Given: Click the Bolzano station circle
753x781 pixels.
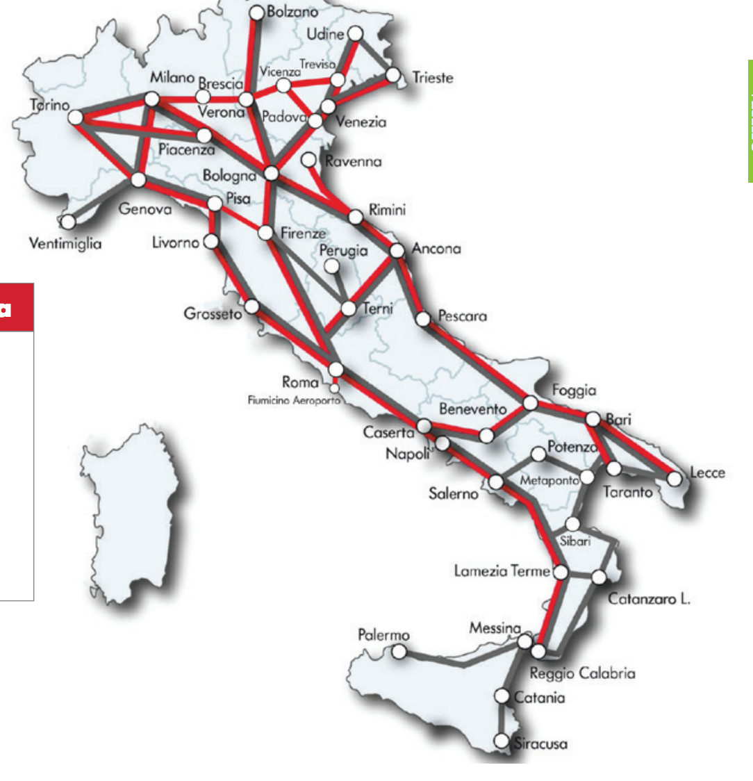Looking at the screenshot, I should (x=256, y=12).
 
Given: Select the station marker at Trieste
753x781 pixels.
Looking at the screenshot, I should (x=393, y=75).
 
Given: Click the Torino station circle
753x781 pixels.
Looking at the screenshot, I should (x=75, y=117).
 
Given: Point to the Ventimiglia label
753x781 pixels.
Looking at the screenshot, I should (x=65, y=243).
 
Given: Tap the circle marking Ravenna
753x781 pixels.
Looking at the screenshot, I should (x=309, y=160).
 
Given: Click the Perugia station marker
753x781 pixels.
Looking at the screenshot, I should (x=332, y=266).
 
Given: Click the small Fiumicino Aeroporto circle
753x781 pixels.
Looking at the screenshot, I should (x=335, y=387).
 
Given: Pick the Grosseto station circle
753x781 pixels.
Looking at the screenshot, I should (x=251, y=306).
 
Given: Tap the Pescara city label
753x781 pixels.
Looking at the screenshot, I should (x=462, y=316).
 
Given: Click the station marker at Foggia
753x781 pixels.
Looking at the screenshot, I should (x=530, y=402).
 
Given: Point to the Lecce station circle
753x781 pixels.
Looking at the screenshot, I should (x=673, y=478).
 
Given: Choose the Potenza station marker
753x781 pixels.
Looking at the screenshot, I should (x=538, y=454).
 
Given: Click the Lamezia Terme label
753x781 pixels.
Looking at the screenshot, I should (x=502, y=571).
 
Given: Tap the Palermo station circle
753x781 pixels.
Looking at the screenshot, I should (x=399, y=651).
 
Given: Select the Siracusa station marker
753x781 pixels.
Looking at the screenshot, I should (x=502, y=741).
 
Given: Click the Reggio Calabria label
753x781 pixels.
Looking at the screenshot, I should (x=582, y=673).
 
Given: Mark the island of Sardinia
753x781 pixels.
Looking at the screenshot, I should (x=132, y=514).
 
